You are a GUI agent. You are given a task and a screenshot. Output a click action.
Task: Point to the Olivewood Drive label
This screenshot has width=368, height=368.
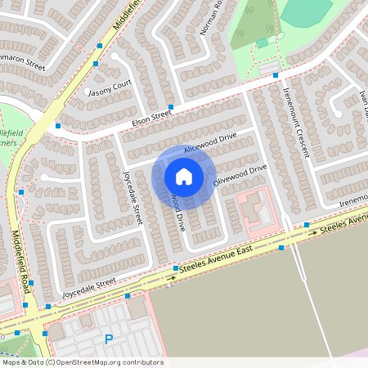(240, 175)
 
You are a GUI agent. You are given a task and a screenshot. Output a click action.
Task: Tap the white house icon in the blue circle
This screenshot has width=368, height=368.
(184, 176)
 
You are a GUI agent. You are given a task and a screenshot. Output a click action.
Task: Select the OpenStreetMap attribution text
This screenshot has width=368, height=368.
(83, 361)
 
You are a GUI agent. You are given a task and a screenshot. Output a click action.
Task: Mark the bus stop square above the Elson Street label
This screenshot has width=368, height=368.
(171, 107)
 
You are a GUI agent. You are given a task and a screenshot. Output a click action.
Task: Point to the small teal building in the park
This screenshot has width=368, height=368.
(262, 43)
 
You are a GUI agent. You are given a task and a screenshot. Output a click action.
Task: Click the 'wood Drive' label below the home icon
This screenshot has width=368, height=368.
(177, 210)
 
